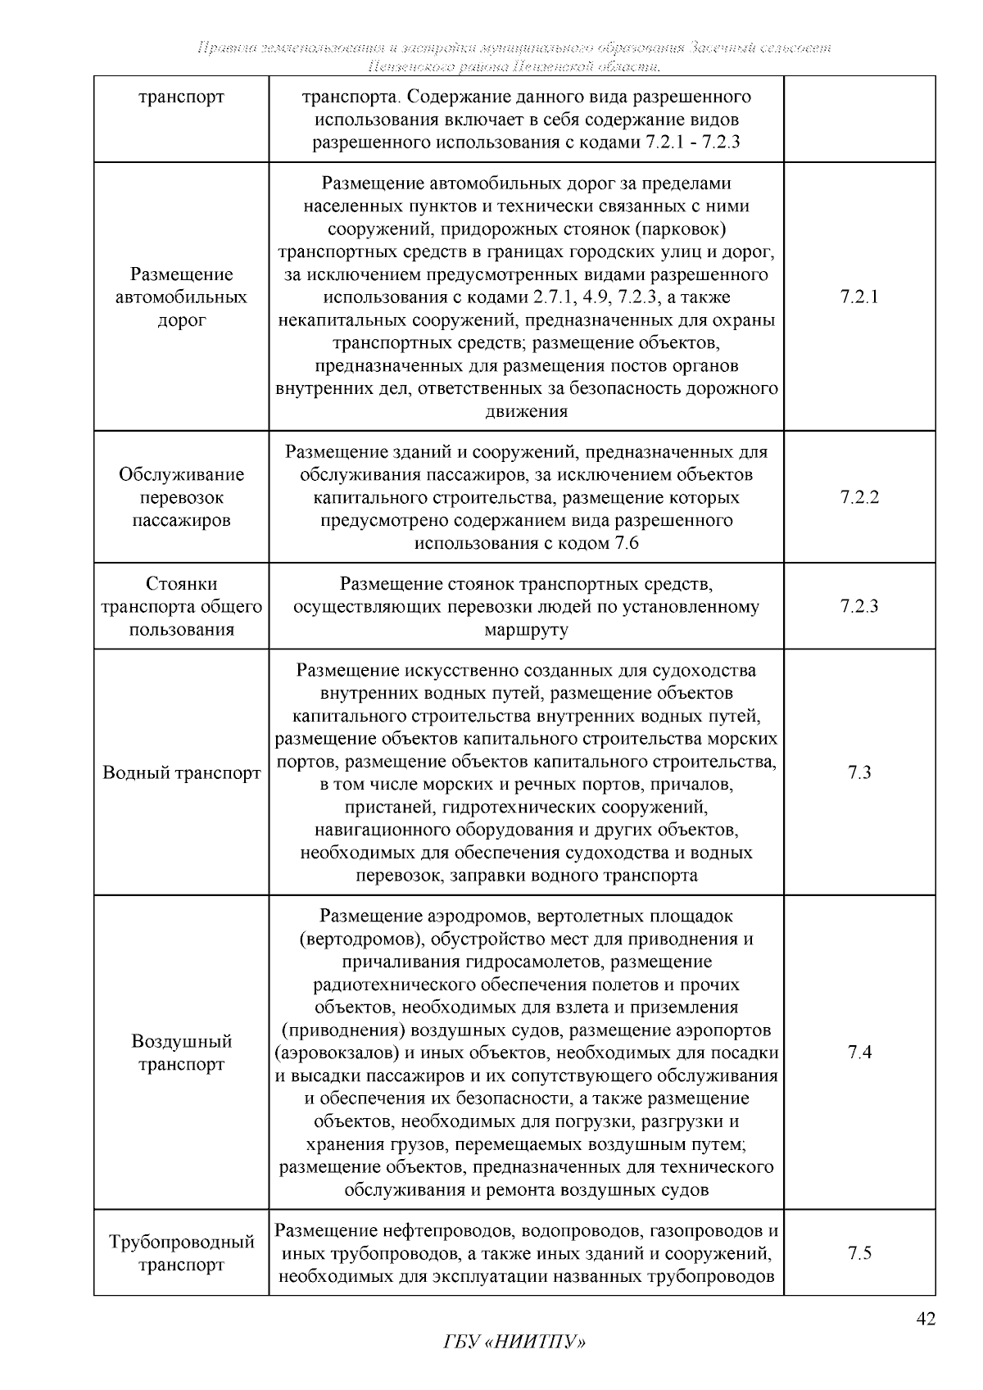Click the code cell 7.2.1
click(859, 297)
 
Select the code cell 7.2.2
click(859, 497)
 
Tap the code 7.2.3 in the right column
click(859, 606)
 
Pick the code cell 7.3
click(859, 772)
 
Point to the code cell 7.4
click(859, 1052)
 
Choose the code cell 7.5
click(859, 1252)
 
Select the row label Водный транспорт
click(182, 772)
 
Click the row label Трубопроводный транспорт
click(182, 1253)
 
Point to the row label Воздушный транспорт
click(182, 1053)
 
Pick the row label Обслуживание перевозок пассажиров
click(182, 497)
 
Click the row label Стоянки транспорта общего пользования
click(182, 606)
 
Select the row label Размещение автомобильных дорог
click(182, 297)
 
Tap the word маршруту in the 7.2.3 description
click(526, 630)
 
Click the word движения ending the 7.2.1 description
click(526, 411)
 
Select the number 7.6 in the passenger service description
click(626, 543)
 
